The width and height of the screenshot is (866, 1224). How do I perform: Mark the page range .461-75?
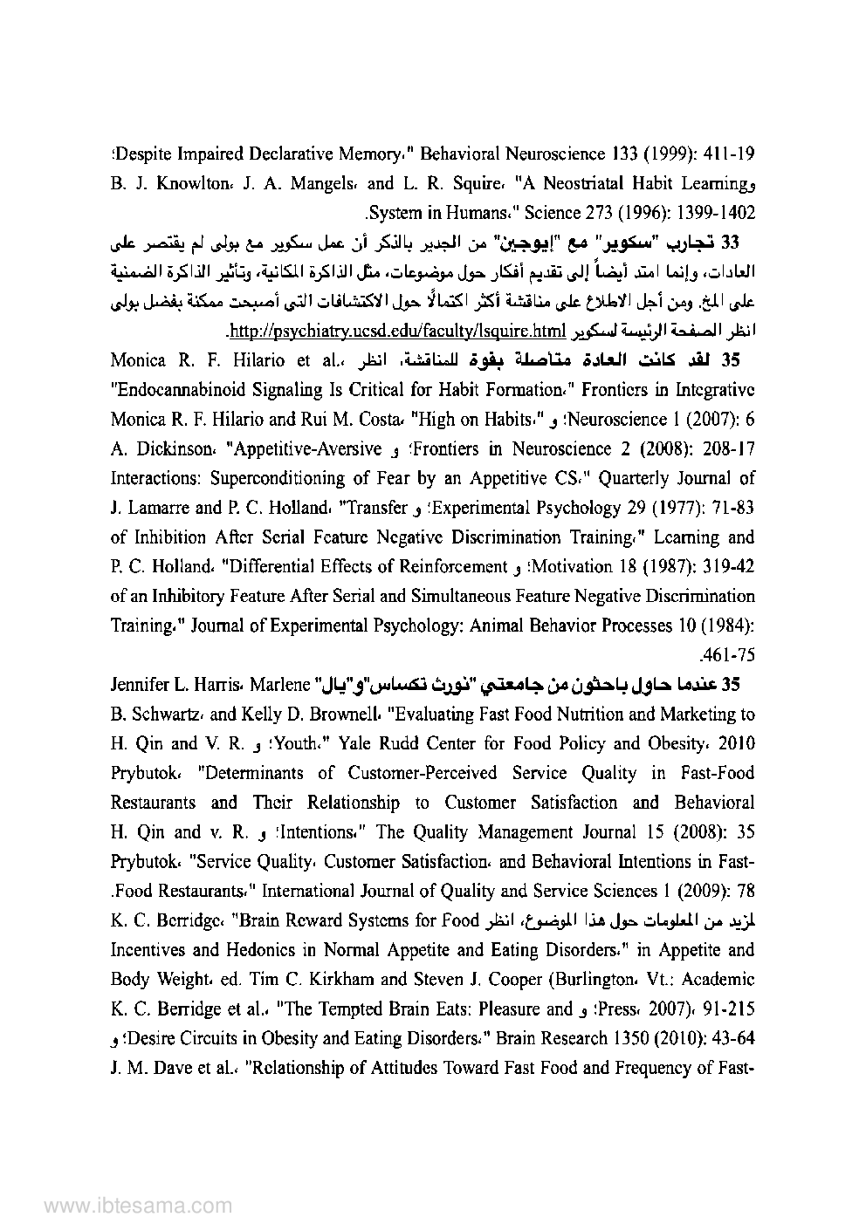(732, 655)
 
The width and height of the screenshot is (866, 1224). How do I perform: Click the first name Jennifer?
(143, 685)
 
